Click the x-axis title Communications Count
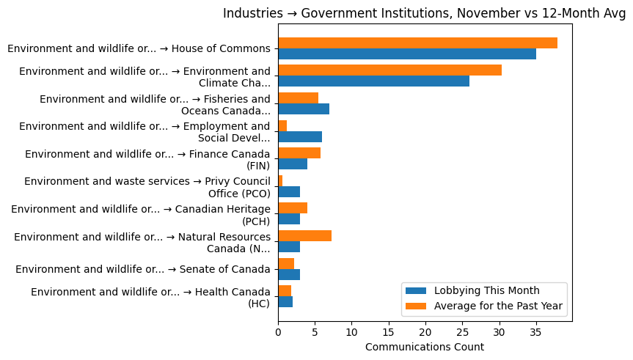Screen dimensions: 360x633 coord(424,347)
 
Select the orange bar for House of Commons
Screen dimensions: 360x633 coord(417,43)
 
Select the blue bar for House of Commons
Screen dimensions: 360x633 coord(407,54)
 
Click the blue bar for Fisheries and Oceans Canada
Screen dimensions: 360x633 coord(304,109)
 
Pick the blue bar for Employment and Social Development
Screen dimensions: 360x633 coord(300,136)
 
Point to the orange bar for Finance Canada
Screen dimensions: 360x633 coord(299,153)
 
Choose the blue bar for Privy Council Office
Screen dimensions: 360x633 coord(289,191)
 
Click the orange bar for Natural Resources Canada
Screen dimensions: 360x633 coord(304,235)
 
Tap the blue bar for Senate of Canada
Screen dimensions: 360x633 coord(289,274)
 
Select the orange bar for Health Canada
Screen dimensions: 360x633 coord(285,291)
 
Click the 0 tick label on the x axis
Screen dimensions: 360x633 coord(278,332)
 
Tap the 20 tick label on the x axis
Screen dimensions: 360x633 coord(425,332)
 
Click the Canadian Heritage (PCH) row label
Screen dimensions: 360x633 coord(141,215)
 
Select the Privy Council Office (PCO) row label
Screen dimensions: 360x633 coord(147,187)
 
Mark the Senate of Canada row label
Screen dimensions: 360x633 coord(142,269)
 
